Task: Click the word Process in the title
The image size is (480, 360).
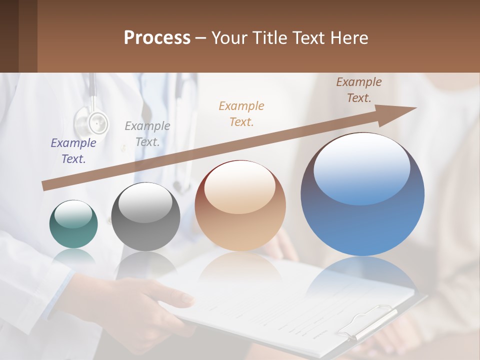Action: tap(157, 38)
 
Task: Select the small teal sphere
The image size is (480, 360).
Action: tap(73, 224)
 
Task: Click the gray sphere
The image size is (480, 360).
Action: tap(145, 217)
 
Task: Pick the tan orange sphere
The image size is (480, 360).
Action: tap(240, 206)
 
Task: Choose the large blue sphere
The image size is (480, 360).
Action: tap(362, 194)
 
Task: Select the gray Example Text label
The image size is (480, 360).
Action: tap(147, 134)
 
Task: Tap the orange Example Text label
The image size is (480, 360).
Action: tap(241, 113)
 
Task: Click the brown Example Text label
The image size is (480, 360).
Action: tap(359, 90)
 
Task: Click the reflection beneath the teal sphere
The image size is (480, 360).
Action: tap(73, 257)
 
